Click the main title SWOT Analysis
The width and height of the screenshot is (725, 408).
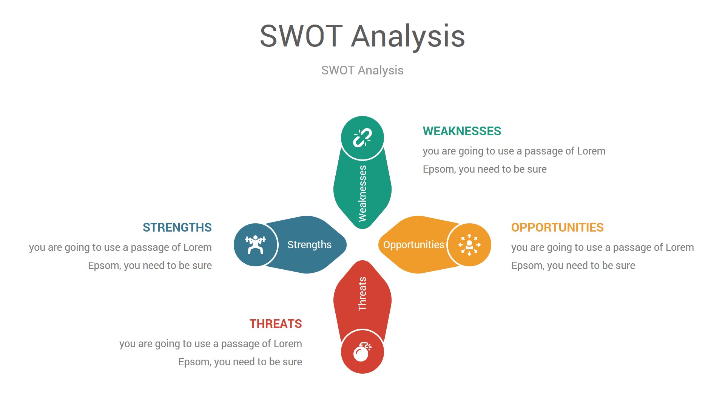pyautogui.click(x=362, y=36)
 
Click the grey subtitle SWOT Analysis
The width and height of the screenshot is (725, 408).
pyautogui.click(x=362, y=70)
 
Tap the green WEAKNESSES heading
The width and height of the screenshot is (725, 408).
pyautogui.click(x=462, y=131)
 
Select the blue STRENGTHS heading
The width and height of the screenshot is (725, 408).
pyautogui.click(x=177, y=227)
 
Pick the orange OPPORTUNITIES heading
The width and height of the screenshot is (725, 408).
pyautogui.click(x=557, y=227)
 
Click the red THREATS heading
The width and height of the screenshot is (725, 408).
pyautogui.click(x=276, y=324)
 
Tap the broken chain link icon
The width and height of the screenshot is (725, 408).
pyautogui.click(x=362, y=138)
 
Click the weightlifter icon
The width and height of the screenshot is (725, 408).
pyautogui.click(x=256, y=245)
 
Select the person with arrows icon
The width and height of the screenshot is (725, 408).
pyautogui.click(x=469, y=245)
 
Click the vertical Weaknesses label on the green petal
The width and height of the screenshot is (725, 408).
pyautogui.click(x=362, y=193)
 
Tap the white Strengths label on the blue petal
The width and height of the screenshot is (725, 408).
pyautogui.click(x=309, y=245)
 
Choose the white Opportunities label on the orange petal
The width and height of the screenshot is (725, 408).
pyautogui.click(x=413, y=245)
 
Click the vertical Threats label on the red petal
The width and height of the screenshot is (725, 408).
pyautogui.click(x=362, y=294)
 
